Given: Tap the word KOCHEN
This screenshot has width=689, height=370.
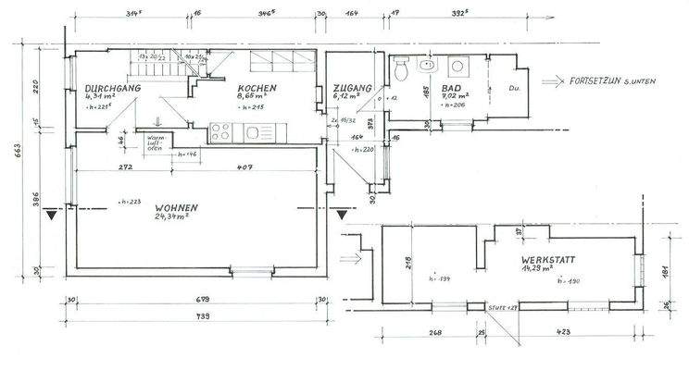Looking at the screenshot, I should pos(257,88).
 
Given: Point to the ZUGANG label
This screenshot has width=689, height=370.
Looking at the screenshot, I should pos(353,89).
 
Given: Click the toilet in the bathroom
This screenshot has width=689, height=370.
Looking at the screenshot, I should pos(401,68).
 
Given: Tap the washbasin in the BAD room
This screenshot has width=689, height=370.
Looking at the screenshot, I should pos(428,67).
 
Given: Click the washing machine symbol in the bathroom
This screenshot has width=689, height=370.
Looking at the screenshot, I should pos(457,68).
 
